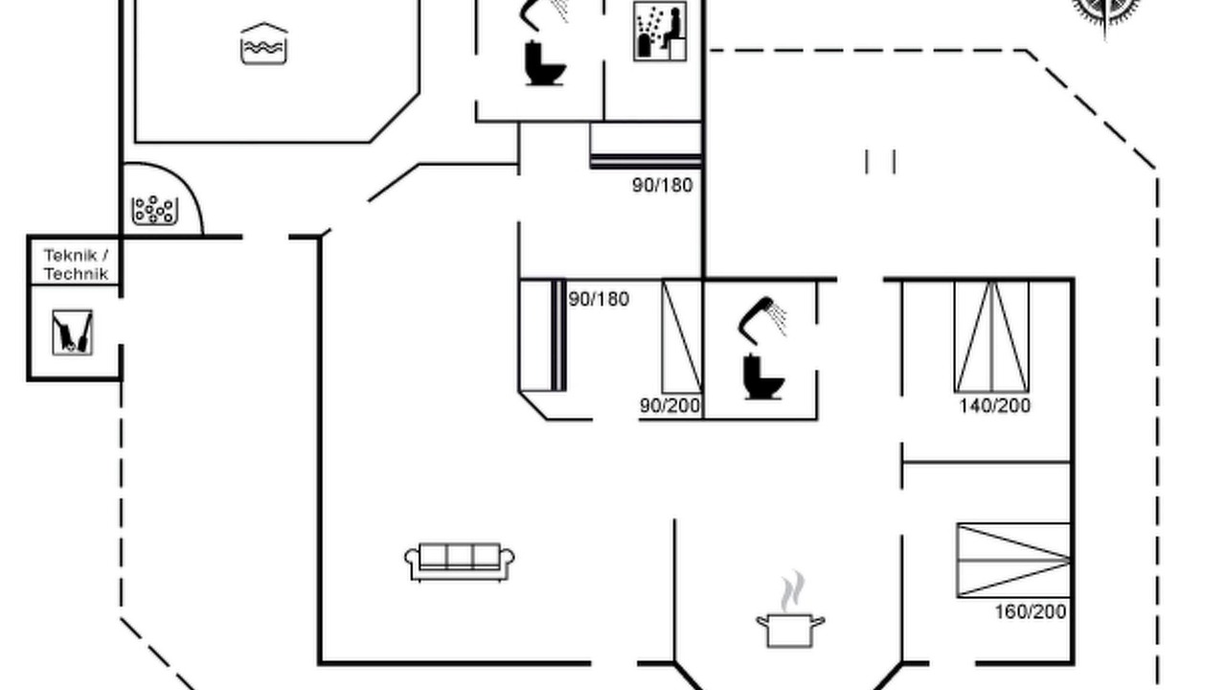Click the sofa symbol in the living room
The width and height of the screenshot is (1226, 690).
pos(459,562)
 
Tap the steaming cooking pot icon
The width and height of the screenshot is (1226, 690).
pos(790,610)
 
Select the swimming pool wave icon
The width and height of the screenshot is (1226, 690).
pos(263,44)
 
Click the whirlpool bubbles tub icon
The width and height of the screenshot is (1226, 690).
pos(155,210)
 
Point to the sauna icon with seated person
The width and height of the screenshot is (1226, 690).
pos(660,32)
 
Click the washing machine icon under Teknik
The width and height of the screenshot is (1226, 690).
pos(72,333)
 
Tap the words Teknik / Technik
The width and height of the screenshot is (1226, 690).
pos(76,264)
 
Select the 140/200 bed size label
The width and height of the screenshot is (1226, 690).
pos(995,406)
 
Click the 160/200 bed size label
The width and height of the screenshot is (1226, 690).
pos(1031,611)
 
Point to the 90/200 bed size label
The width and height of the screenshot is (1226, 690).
pos(670,405)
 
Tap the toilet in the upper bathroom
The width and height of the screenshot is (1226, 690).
pos(545,63)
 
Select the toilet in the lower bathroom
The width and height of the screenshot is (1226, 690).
pos(763,378)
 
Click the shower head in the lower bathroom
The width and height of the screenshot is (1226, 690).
pos(761,320)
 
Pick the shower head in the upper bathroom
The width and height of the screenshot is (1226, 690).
pos(542,13)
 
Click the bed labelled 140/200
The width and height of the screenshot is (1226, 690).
pos(991,336)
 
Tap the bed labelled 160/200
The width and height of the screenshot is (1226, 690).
pos(1013,561)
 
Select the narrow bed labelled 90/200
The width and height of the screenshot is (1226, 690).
pos(682,336)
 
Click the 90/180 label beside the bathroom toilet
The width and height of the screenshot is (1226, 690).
pos(599,300)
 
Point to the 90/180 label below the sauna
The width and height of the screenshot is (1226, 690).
pos(662,186)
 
